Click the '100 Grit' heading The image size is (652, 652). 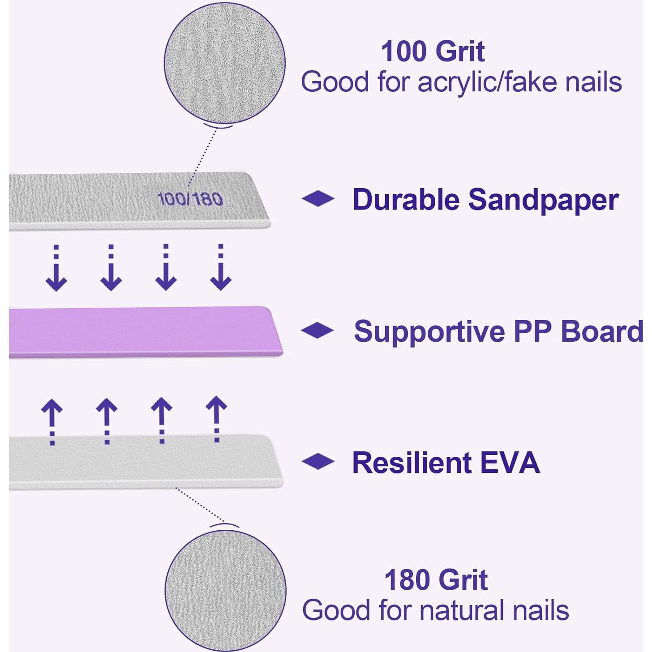click(x=433, y=51)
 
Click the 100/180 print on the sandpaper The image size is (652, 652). click(x=190, y=199)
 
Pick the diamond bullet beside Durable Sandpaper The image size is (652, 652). click(x=317, y=199)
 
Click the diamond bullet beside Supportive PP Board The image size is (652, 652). click(x=317, y=330)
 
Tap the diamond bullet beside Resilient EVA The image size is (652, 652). click(x=317, y=462)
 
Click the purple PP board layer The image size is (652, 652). click(x=146, y=331)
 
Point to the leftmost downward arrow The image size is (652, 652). click(x=56, y=267)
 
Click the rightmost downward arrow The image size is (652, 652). click(x=221, y=267)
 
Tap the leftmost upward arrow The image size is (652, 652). click(x=52, y=422)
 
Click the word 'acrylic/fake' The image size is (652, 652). click(x=487, y=83)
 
